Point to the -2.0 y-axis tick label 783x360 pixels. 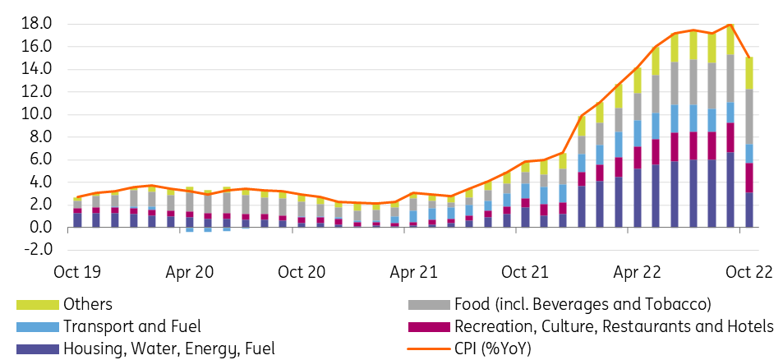35,249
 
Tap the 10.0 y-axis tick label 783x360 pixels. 35,114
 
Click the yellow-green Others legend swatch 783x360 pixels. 38,305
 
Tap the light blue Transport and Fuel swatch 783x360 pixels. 38,327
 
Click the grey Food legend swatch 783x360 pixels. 429,305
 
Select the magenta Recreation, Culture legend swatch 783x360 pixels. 429,327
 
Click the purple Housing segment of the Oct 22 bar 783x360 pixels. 749,210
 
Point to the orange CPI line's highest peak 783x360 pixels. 730,25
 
